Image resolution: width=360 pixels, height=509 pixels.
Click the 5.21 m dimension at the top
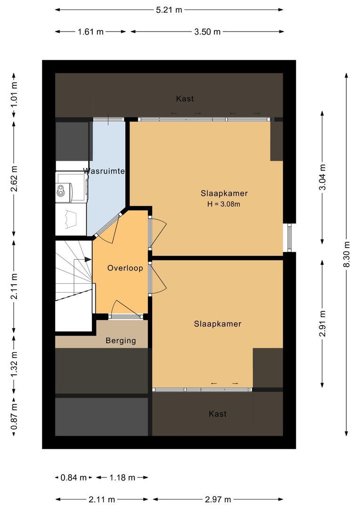169,9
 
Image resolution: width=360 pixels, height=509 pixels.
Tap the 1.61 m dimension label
90,32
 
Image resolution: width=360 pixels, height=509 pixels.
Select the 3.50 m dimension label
208,32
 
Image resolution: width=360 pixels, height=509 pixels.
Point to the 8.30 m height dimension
347,254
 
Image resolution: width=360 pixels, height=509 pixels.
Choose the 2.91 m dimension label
322,323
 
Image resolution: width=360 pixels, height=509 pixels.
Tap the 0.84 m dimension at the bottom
74,477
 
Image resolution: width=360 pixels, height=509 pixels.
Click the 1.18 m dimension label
122,477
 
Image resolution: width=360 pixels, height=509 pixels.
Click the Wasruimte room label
104,171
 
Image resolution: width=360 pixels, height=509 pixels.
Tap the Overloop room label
125,268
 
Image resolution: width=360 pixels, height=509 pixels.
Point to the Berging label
121,341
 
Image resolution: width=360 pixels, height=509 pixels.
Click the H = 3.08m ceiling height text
224,204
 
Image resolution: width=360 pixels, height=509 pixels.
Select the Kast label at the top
185,99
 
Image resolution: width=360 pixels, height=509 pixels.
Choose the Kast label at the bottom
218,414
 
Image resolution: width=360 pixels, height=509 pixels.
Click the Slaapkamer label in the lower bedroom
218,324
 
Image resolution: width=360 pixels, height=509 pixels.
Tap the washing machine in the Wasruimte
71,189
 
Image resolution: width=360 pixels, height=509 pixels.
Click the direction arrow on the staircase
88,259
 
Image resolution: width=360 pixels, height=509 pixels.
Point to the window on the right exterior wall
290,238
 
